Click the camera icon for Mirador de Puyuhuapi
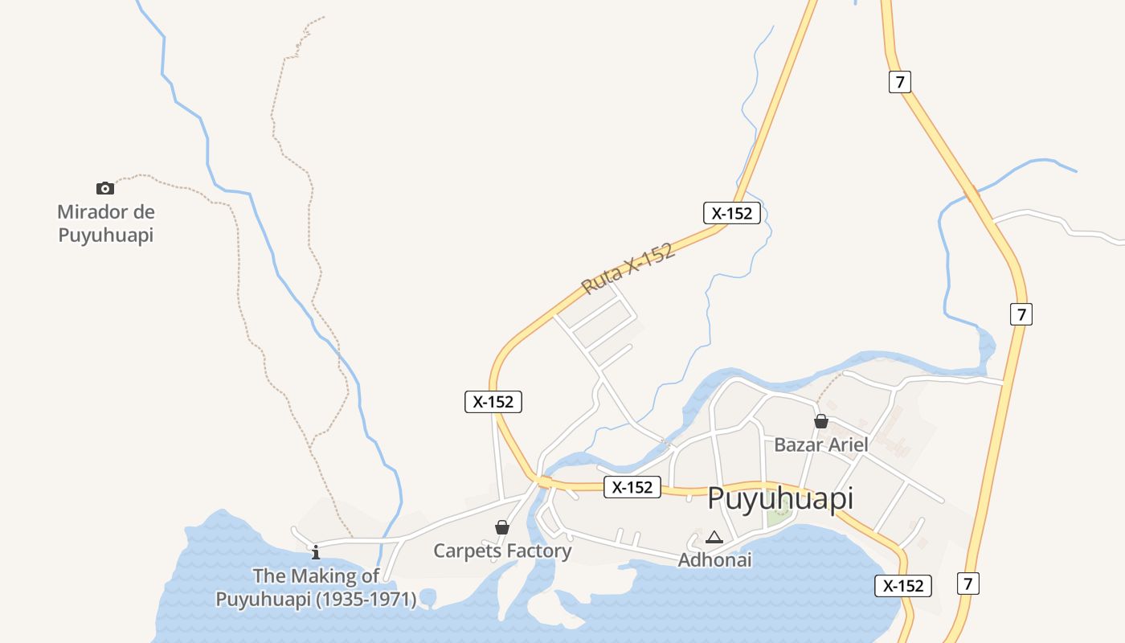[105, 188]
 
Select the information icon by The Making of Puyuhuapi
[316, 551]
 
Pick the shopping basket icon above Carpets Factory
[502, 527]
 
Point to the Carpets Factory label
[502, 551]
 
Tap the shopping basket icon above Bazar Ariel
[821, 421]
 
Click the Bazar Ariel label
[820, 444]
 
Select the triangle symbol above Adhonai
[714, 537]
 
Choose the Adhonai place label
[714, 559]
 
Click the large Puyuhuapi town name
[779, 499]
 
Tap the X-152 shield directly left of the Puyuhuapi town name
[632, 487]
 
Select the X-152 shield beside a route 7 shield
[903, 586]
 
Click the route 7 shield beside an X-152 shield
[968, 584]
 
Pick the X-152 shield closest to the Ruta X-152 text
[731, 213]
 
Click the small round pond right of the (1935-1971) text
[427, 597]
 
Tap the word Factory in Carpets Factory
[538, 551]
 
